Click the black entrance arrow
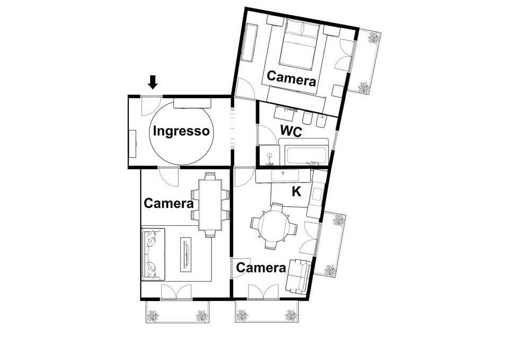coord(153,82)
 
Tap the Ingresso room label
coord(181,131)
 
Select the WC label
coord(291,131)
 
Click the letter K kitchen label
coord(296,191)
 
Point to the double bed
coord(299,44)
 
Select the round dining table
coord(274,226)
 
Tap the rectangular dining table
coord(210,205)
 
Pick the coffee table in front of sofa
coord(186,254)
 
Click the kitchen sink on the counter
coord(285,175)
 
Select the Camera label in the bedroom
coord(291,78)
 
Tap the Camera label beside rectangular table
coord(169,203)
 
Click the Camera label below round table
coord(261,268)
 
